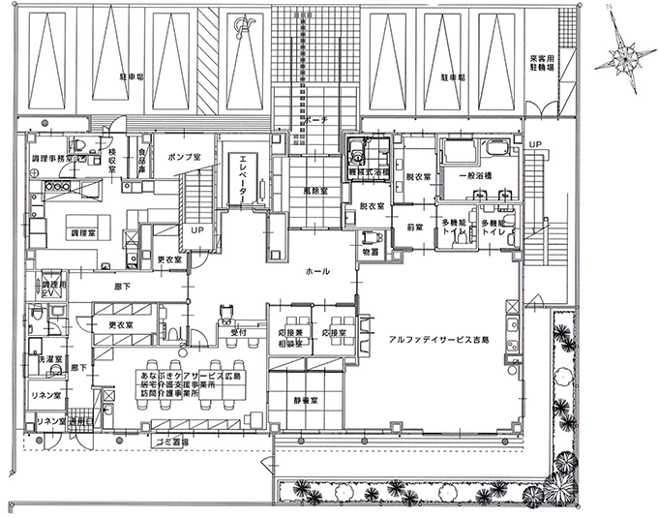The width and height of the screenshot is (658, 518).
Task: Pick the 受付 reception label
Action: point(226,330)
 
